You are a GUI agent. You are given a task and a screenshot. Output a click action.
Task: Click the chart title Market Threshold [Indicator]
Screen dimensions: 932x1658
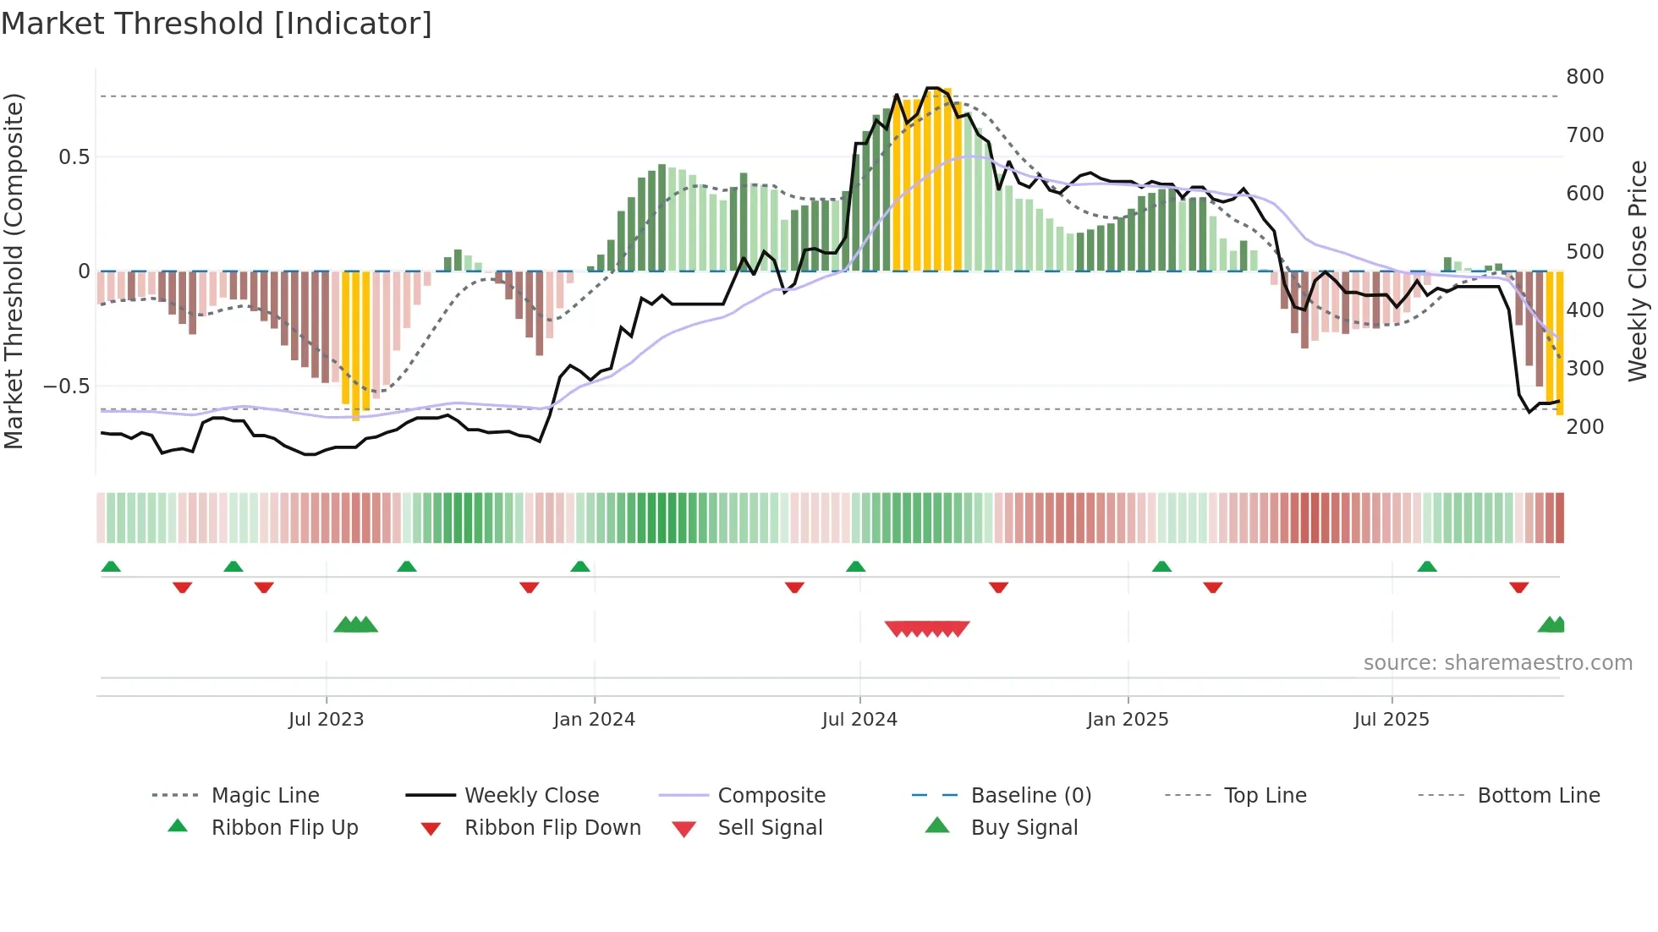point(217,24)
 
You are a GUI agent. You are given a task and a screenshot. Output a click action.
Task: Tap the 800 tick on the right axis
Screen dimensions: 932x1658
point(1584,77)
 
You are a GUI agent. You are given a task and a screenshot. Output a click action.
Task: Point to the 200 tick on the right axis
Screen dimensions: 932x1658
point(1584,427)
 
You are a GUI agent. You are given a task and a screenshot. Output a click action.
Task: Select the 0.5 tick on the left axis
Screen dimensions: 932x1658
point(74,157)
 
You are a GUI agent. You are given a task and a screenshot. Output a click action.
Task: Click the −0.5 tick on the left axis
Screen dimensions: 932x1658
point(66,387)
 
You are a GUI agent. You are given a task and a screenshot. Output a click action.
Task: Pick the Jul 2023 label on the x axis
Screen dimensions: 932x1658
point(326,720)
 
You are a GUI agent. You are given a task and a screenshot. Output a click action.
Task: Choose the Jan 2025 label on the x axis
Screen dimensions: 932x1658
point(1127,720)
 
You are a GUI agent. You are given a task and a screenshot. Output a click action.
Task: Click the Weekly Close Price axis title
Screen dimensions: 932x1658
point(1638,271)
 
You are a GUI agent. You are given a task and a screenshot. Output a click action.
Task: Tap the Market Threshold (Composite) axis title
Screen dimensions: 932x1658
point(14,271)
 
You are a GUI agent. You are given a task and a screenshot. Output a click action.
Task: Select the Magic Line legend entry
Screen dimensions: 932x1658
point(265,796)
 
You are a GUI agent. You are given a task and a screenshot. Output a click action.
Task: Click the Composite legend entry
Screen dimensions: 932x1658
point(771,796)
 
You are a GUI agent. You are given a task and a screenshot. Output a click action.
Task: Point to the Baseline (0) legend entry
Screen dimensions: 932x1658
point(1030,796)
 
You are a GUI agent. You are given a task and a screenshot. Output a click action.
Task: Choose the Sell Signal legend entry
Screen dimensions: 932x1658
point(769,828)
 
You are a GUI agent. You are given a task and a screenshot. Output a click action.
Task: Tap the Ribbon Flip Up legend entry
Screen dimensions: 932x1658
point(284,828)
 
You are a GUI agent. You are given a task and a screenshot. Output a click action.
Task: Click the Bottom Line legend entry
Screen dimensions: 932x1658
point(1538,796)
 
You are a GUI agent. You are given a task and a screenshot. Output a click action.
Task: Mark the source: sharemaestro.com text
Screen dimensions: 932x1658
point(1497,663)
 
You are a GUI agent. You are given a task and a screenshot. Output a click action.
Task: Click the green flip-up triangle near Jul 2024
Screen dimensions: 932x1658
point(855,567)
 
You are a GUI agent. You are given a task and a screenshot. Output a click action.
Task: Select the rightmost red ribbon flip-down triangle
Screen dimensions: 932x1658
point(1518,587)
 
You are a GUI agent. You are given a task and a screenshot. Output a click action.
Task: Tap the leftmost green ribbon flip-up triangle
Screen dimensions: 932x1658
point(111,567)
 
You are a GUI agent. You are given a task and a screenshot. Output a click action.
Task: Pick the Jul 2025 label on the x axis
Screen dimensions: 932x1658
point(1391,720)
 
